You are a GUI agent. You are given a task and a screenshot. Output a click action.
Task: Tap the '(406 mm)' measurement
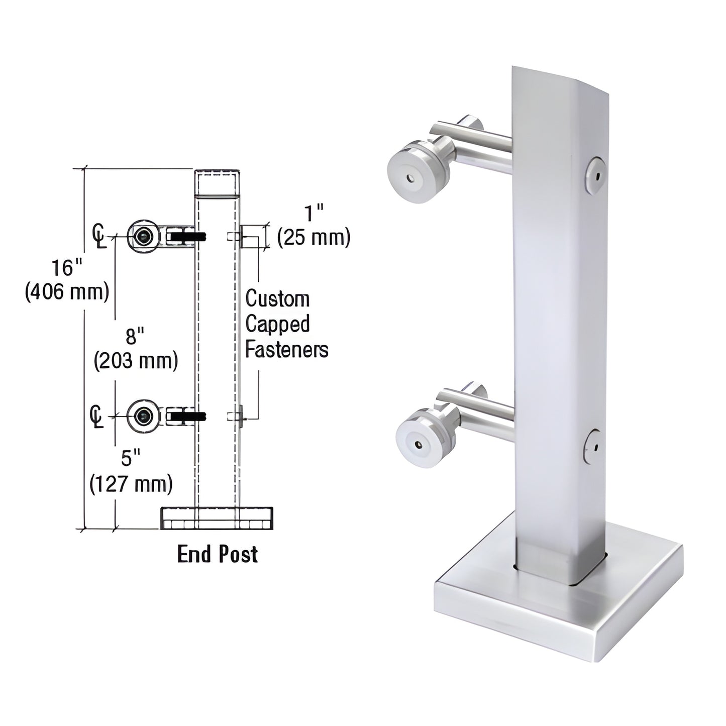tap(67, 291)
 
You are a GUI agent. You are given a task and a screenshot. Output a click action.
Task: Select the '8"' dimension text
tap(132, 336)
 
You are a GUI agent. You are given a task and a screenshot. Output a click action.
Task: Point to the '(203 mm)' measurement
tap(136, 360)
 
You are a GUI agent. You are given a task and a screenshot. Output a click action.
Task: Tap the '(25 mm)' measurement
tap(314, 237)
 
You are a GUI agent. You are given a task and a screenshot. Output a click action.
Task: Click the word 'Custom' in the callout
tap(277, 299)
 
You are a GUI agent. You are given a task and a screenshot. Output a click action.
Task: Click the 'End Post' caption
tap(218, 554)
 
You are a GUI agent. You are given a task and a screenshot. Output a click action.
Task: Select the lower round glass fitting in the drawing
tap(143, 416)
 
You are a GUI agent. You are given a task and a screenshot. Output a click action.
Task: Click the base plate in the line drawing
tap(217, 518)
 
